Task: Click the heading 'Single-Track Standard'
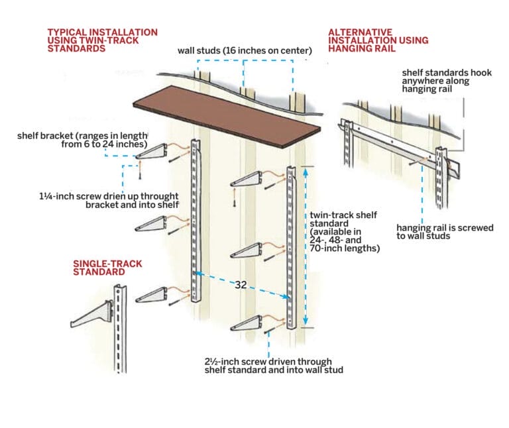coord(107,268)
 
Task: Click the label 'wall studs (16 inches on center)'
coord(245,51)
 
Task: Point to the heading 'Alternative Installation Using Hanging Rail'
coord(378,40)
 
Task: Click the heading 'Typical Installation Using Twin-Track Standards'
coord(102,40)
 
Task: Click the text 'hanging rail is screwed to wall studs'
coord(444,232)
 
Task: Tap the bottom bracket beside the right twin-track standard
coord(251,323)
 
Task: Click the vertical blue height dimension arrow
coord(305,245)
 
